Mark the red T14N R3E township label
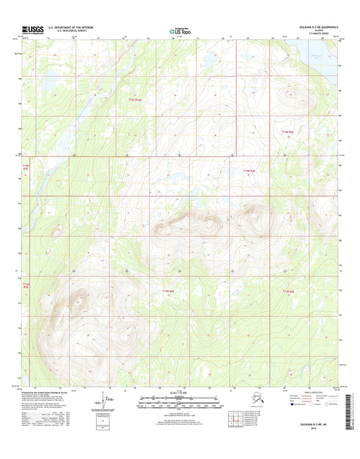tap(26, 166)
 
